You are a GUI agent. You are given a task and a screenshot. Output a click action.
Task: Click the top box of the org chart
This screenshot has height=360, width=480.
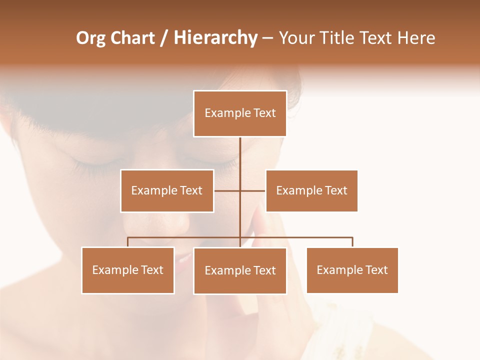[240, 113]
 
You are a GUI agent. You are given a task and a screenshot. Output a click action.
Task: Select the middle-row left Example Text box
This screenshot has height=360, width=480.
[167, 190]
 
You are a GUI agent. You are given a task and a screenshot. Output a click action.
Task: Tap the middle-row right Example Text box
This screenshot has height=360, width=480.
[311, 190]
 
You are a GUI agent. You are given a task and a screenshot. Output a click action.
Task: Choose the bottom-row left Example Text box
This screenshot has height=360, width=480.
[128, 270]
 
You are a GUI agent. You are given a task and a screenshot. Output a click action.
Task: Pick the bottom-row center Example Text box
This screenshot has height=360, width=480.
[240, 270]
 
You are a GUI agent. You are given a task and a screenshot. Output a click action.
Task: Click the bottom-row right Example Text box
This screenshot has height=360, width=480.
[352, 270]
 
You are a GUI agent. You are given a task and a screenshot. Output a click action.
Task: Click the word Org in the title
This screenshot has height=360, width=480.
[90, 38]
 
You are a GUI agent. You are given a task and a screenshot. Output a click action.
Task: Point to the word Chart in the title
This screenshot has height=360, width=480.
[132, 38]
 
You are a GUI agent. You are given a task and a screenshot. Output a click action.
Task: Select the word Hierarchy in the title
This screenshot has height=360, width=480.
[215, 38]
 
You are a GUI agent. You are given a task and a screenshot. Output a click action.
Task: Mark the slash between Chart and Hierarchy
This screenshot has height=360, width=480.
[163, 38]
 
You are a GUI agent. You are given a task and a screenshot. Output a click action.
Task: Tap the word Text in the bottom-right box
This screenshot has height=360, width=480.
[376, 270]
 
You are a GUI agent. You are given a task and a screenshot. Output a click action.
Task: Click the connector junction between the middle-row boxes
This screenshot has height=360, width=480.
[240, 190]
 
